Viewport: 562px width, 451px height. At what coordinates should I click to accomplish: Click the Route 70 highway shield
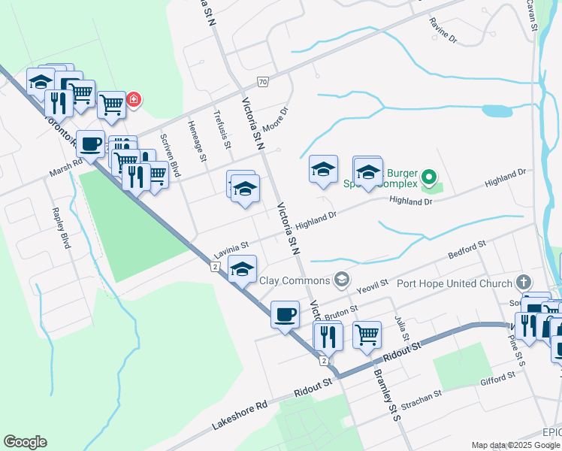pyautogui.click(x=262, y=81)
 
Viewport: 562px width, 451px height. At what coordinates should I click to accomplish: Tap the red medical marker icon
pyautogui.click(x=134, y=99)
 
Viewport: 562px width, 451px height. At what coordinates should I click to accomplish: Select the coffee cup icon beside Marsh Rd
pyautogui.click(x=91, y=144)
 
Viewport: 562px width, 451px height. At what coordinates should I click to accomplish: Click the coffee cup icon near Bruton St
pyautogui.click(x=285, y=313)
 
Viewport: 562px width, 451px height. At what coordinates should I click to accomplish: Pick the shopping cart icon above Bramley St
pyautogui.click(x=367, y=334)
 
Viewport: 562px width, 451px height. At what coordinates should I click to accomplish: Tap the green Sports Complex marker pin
pyautogui.click(x=428, y=178)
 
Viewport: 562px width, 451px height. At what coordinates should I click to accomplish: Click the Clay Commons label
pyautogui.click(x=295, y=280)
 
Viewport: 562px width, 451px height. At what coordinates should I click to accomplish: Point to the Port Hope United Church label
pyautogui.click(x=454, y=283)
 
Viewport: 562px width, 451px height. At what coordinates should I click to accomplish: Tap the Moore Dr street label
pyautogui.click(x=275, y=119)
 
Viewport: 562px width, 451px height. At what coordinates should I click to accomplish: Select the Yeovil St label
pyautogui.click(x=372, y=284)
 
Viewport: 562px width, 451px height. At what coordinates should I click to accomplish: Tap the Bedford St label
pyautogui.click(x=467, y=250)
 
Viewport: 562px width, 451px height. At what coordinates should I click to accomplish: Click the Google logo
pyautogui.click(x=25, y=442)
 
